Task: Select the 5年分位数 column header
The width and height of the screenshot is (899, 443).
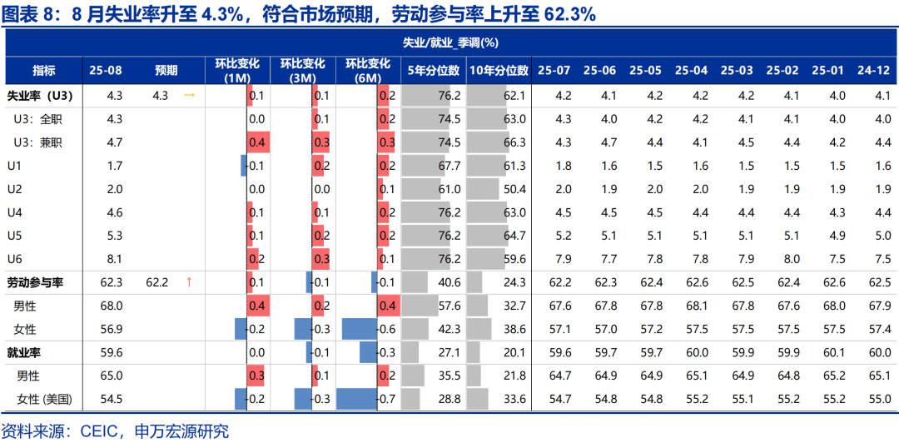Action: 434,71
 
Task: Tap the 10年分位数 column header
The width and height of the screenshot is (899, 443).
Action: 498,71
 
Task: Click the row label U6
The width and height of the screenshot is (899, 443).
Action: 14,259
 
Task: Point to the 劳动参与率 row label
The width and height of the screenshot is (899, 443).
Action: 35,282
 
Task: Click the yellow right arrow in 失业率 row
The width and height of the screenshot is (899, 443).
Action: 189,96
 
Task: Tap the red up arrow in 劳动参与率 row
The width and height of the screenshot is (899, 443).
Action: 189,282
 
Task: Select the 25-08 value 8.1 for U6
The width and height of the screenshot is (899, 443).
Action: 115,259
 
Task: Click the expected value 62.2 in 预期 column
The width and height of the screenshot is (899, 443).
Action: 157,282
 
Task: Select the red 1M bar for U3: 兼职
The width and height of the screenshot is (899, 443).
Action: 257,142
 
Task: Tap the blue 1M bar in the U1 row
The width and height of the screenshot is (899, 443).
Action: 244,166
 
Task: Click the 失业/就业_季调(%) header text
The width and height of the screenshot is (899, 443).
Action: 449,42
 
